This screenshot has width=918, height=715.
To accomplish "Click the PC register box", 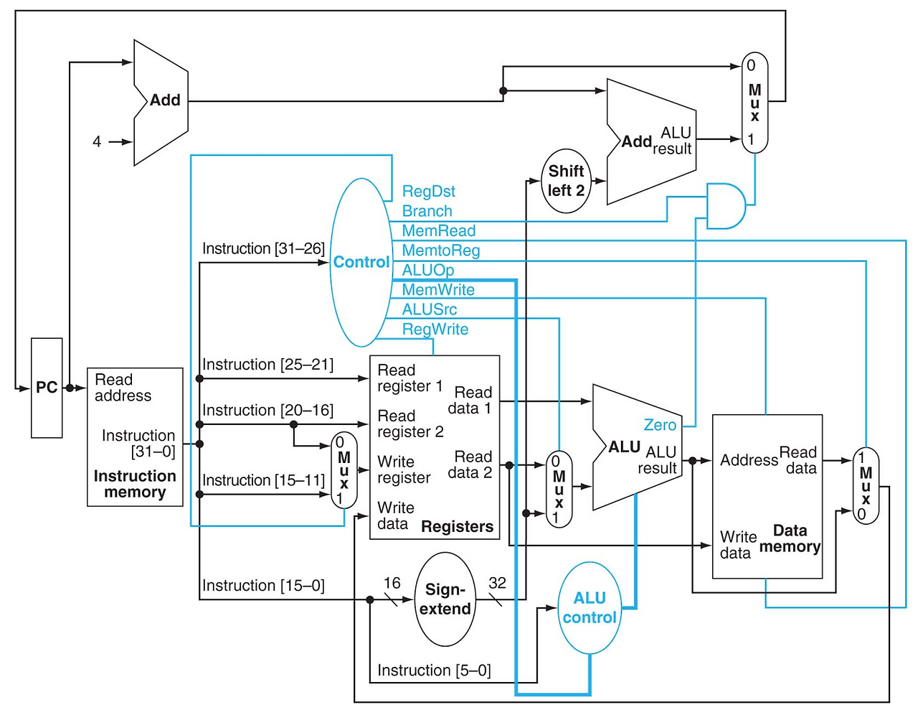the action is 47,388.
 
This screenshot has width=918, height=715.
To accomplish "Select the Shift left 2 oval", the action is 566,181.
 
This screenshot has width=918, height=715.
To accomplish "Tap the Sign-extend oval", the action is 445,599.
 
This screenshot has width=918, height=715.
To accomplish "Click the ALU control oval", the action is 590,607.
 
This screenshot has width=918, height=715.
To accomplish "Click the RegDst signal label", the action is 428,191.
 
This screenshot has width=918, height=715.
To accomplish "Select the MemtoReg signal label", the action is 440,251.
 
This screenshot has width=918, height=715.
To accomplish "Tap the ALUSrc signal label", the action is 429,309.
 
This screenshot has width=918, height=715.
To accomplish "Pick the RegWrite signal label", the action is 435,329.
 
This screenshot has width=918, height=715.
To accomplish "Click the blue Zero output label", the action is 660,424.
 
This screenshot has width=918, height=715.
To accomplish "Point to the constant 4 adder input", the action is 97,141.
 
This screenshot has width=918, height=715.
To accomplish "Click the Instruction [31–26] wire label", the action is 263,248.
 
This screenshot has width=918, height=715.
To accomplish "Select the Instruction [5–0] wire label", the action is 434,670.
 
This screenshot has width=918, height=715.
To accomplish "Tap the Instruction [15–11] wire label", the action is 263,480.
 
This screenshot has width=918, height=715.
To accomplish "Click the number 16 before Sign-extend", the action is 392,583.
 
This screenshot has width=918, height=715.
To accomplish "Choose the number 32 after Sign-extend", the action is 497,583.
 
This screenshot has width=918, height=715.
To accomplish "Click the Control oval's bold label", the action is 361,262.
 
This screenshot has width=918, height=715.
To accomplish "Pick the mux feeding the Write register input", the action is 344,470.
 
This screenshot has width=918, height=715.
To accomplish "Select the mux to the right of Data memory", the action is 866,486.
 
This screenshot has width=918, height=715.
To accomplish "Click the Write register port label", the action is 404,469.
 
